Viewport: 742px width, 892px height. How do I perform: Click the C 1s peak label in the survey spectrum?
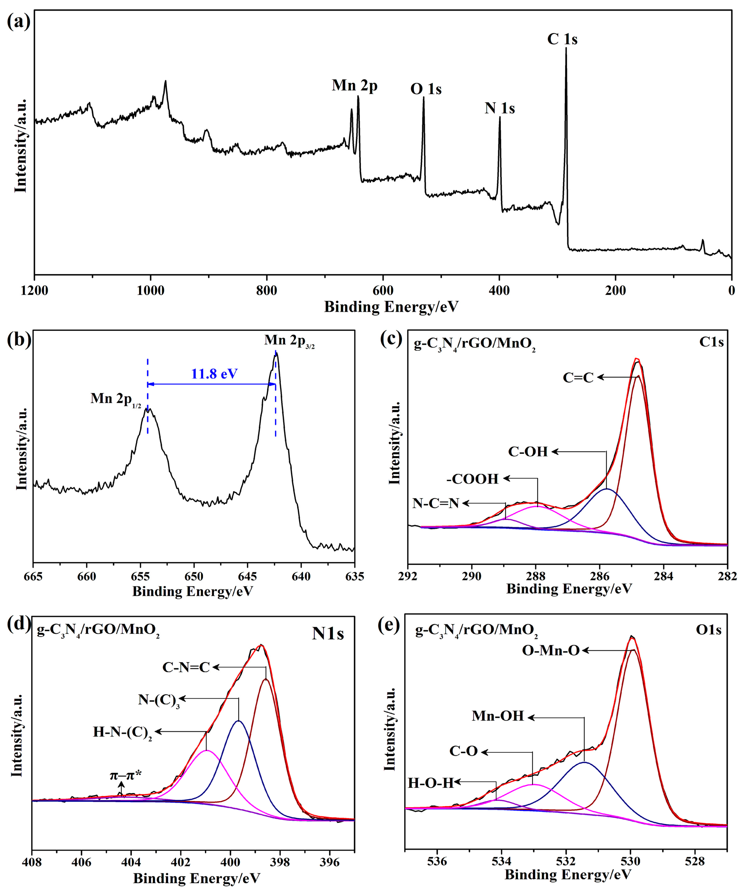(562, 39)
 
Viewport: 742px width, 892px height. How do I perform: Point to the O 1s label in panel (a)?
(426, 89)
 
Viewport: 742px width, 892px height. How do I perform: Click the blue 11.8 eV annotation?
(214, 374)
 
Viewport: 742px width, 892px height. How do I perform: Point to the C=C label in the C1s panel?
(578, 377)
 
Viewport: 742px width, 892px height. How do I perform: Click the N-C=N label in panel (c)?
(436, 503)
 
